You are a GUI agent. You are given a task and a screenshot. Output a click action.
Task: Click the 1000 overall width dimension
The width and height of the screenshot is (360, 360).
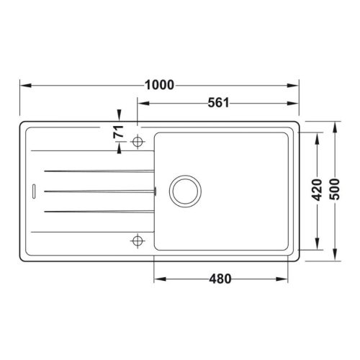(x=160, y=85)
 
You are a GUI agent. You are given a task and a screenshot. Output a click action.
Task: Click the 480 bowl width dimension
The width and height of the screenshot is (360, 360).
(x=221, y=279)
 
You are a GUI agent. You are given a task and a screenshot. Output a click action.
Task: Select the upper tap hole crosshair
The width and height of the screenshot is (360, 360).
(x=138, y=142)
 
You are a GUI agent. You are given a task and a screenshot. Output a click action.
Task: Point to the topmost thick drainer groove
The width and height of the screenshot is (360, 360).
(x=99, y=171)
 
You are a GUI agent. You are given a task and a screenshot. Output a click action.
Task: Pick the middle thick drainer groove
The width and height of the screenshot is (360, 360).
(x=99, y=191)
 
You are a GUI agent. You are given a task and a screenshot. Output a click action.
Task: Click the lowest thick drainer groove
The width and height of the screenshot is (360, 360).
(x=99, y=211)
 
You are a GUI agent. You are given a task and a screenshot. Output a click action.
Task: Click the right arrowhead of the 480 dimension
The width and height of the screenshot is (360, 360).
(x=287, y=279)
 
